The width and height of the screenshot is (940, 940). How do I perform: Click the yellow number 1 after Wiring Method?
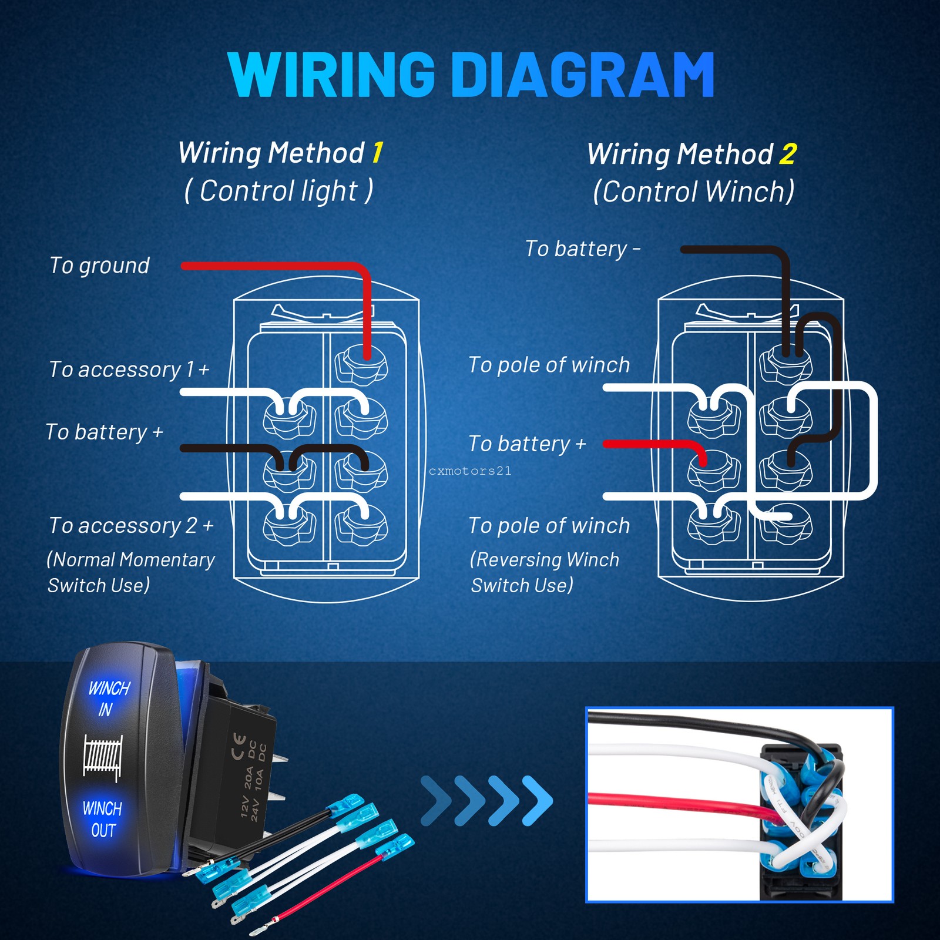coord(377,153)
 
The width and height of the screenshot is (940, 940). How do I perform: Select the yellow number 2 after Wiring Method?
coord(788,155)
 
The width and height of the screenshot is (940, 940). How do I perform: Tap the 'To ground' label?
coord(99,266)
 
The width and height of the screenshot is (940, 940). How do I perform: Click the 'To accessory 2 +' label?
coord(131,525)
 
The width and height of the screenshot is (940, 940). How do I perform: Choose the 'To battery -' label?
coord(582,249)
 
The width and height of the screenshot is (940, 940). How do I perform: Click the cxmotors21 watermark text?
coord(470,471)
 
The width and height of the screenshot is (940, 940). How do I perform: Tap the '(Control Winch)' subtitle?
coord(693,192)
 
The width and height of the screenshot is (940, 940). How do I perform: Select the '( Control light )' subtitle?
coord(278,191)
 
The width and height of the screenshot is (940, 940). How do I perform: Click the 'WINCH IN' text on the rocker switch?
coord(108,698)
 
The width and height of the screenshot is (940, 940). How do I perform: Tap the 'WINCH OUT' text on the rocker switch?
coord(103,819)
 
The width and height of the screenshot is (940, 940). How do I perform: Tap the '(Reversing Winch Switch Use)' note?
coord(543,572)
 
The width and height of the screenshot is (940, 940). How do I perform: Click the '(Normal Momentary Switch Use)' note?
coord(130,572)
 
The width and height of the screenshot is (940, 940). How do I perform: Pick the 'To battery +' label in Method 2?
coord(527,444)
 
